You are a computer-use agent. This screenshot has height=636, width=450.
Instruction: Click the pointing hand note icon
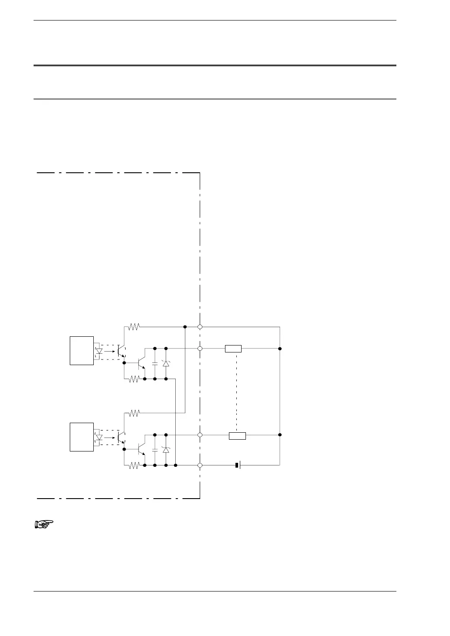[43, 524]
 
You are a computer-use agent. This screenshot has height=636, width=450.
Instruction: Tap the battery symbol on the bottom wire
[238, 465]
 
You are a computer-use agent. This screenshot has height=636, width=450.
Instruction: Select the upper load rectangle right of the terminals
[233, 349]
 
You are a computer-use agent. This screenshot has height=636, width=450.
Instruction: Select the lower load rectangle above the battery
[237, 435]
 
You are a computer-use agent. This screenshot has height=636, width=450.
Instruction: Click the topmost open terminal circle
[200, 327]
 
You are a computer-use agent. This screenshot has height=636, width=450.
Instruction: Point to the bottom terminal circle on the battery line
[200, 465]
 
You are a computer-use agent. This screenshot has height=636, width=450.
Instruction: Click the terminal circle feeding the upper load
[200, 349]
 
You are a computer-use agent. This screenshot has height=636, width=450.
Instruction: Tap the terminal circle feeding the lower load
[200, 435]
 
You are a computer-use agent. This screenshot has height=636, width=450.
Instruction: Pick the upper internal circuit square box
[82, 350]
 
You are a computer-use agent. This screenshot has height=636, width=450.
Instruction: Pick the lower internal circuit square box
[82, 437]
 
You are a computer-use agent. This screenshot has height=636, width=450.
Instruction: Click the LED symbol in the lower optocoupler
[99, 437]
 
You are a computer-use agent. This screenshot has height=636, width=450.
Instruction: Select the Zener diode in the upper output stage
[166, 363]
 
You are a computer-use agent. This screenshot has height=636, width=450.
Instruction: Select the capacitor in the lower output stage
[155, 449]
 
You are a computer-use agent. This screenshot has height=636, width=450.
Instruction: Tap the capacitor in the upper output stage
[155, 363]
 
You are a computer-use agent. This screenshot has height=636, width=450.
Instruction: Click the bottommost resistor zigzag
[134, 465]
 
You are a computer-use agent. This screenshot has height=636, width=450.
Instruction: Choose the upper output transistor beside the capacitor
[141, 362]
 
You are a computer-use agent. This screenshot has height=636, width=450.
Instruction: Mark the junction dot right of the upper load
[280, 349]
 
